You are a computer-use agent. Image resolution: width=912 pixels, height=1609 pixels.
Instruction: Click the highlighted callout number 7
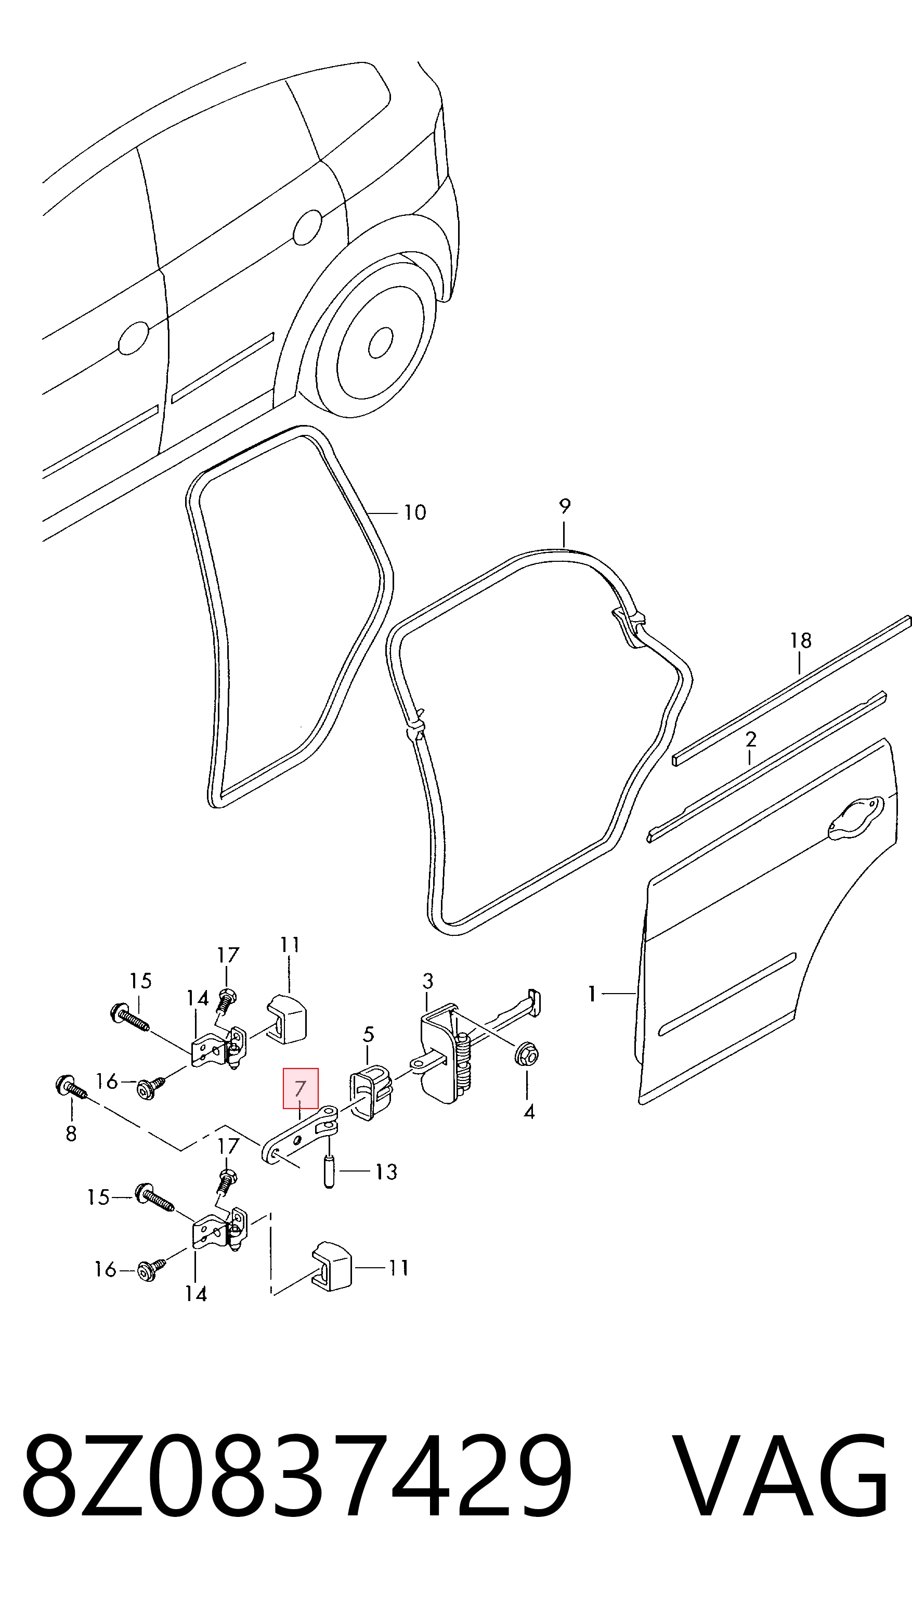[300, 1089]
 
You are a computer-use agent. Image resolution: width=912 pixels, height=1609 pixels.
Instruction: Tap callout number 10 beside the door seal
[414, 512]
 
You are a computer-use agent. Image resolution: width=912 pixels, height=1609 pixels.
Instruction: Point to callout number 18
[801, 640]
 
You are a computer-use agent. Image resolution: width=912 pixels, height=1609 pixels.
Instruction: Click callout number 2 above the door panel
[751, 739]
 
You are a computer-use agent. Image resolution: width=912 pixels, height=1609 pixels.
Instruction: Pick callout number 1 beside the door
[592, 994]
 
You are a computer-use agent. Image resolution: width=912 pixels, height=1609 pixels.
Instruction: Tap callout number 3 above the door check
[428, 981]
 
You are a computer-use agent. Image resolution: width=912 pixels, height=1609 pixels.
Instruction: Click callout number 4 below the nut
[529, 1112]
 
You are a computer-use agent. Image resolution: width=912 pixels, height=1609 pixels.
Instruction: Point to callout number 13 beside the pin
[386, 1172]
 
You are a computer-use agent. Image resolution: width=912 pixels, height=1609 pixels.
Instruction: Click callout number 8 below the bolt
[71, 1133]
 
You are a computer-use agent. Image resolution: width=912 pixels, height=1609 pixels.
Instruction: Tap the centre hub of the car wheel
[380, 342]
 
